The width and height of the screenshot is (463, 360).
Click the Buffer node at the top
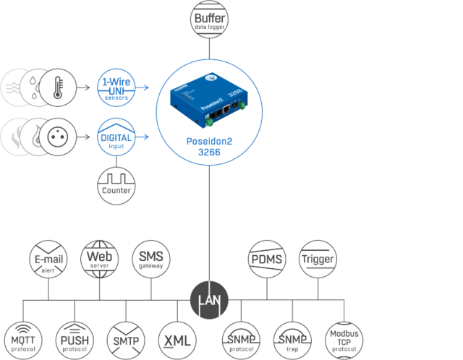[x=209, y=17]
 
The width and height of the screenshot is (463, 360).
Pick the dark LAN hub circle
[x=209, y=298]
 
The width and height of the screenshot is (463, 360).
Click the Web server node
[x=99, y=257]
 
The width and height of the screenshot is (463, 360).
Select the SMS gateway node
[x=151, y=257]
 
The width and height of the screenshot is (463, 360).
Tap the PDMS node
[x=267, y=257]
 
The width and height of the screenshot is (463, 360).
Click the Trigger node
[x=319, y=257]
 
